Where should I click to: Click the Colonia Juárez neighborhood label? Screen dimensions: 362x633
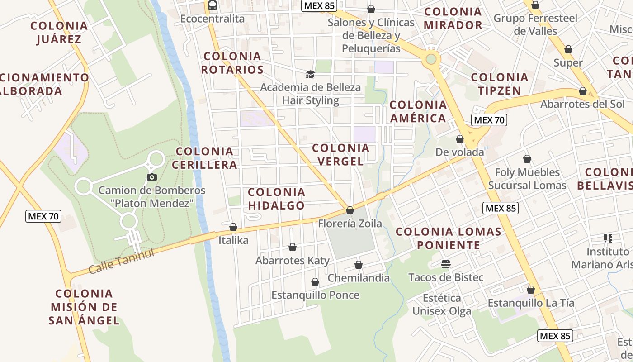click(x=59, y=32)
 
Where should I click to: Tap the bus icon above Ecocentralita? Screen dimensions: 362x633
click(x=213, y=5)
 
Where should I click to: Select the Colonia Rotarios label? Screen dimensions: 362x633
click(x=232, y=63)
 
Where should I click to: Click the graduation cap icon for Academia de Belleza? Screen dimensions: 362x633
click(x=310, y=74)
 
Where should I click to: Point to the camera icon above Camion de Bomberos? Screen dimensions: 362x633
click(x=152, y=177)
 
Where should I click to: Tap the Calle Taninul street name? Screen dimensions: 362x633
click(x=121, y=261)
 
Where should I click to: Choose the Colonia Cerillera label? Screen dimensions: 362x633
click(x=207, y=158)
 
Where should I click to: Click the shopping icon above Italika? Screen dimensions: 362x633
click(x=233, y=227)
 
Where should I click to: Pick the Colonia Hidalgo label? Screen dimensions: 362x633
click(x=277, y=199)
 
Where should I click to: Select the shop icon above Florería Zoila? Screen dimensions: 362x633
click(x=350, y=210)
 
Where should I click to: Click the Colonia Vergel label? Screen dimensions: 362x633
click(x=340, y=155)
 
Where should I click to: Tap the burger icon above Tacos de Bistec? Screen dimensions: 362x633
click(x=446, y=264)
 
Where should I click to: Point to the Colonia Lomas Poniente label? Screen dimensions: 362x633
click(x=449, y=238)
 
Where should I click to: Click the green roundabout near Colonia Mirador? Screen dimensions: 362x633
click(x=431, y=59)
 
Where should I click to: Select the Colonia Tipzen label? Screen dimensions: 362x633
click(x=500, y=84)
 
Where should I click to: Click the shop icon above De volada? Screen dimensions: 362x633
click(x=460, y=139)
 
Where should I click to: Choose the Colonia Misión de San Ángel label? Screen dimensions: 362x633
click(x=84, y=307)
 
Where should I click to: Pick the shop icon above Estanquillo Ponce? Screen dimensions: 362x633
click(x=315, y=282)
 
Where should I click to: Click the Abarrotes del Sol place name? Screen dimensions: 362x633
click(x=582, y=104)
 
